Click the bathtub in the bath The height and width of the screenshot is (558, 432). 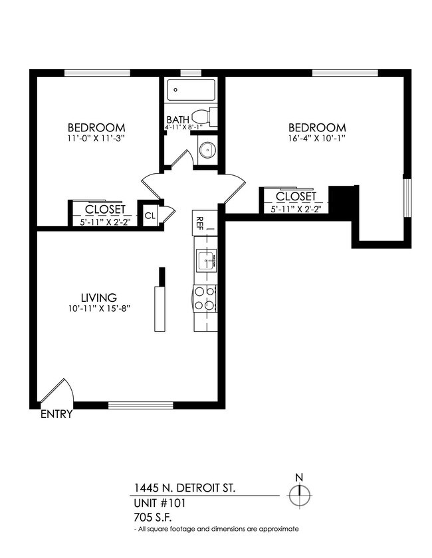(x=191, y=90)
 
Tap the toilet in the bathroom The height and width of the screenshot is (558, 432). (x=208, y=117)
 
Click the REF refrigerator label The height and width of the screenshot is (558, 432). (x=198, y=223)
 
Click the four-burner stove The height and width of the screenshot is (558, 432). (x=205, y=298)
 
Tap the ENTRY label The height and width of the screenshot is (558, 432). (x=56, y=415)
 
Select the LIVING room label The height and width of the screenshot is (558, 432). (x=98, y=298)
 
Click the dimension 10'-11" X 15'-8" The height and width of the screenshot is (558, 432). (x=98, y=309)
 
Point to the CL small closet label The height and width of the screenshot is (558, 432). (x=150, y=215)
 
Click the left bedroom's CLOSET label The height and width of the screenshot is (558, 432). (x=104, y=210)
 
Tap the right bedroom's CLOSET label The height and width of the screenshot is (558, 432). (x=296, y=197)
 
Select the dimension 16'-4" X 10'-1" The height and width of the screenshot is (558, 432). (x=316, y=139)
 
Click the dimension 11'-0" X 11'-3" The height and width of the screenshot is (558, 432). (x=96, y=139)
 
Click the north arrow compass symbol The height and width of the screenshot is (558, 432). (x=300, y=494)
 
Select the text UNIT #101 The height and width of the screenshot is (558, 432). (x=159, y=503)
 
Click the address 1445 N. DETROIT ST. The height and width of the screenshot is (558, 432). (x=183, y=488)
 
